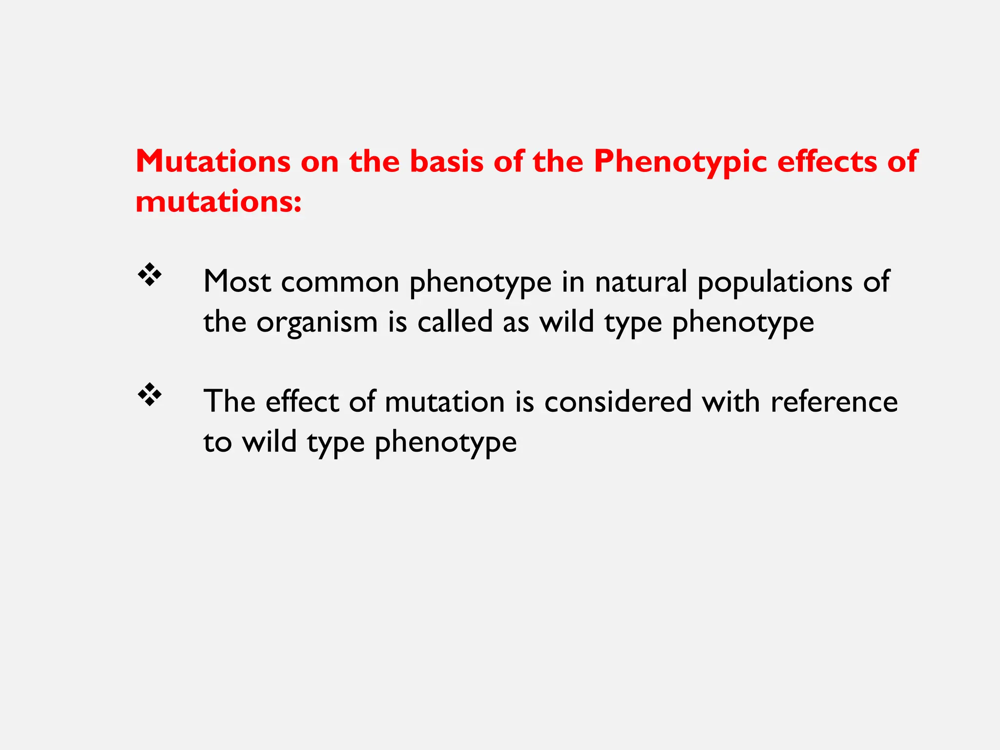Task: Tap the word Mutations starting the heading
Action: (213, 161)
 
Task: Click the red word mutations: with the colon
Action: (218, 202)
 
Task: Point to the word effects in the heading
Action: (827, 161)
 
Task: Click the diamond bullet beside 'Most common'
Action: (149, 275)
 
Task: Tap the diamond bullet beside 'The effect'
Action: (149, 395)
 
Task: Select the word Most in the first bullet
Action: (237, 282)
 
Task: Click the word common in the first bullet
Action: (340, 282)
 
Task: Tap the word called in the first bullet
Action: (455, 322)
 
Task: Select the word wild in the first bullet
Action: (566, 322)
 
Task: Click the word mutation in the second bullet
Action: (444, 402)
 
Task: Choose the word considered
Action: (618, 402)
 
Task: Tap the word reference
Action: (834, 402)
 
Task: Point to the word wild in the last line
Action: (270, 442)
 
